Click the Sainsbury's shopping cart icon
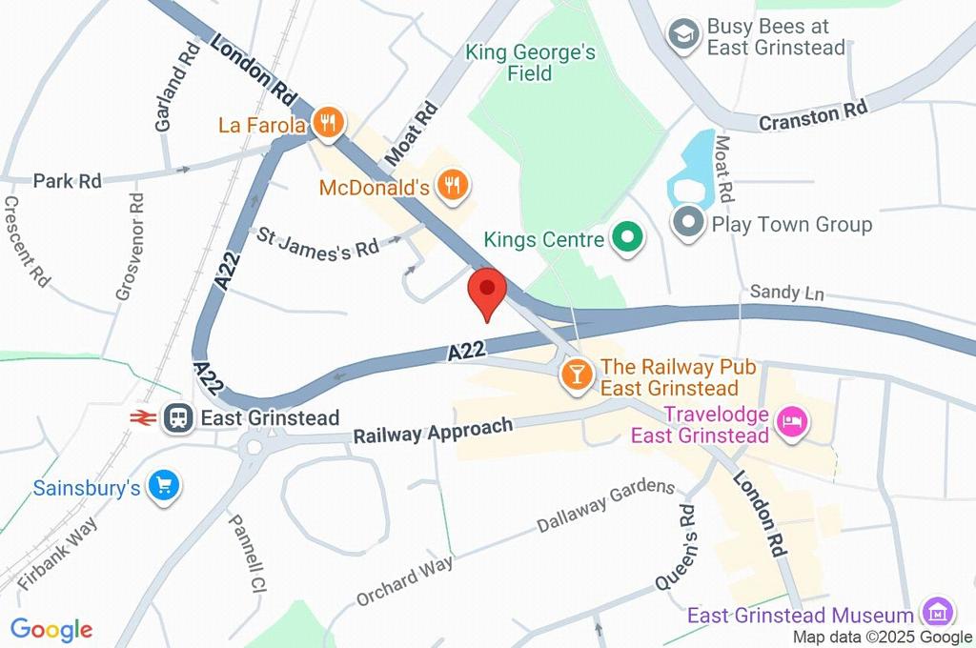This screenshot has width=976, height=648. [x=164, y=487]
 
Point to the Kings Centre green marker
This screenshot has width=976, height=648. [x=626, y=238]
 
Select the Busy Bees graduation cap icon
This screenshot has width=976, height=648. [x=682, y=37]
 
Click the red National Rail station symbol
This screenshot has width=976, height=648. [x=144, y=417]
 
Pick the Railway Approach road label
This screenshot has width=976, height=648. [x=433, y=431]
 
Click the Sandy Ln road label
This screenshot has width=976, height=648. [x=786, y=293]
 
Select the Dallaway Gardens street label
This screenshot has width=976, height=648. [x=605, y=507]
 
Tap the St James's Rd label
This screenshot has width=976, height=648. [x=315, y=242]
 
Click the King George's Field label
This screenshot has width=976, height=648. [x=530, y=62]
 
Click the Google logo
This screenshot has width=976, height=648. [x=51, y=629]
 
